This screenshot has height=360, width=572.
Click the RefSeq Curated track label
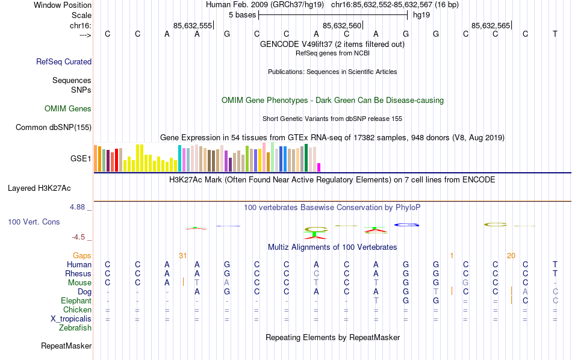[x=64, y=61]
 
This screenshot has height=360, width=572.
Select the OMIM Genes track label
[x=68, y=109]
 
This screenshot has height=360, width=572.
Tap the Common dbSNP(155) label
[x=54, y=127]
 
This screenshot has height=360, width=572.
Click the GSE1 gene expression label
[x=81, y=159]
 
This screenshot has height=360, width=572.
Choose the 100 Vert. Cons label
[x=34, y=222]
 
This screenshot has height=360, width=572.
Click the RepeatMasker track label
[x=66, y=346]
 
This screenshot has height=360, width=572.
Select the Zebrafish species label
[x=75, y=328]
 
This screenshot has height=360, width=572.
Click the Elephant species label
[x=76, y=301]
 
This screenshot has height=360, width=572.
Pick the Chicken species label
[x=77, y=310]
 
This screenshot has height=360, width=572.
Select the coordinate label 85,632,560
[x=342, y=25]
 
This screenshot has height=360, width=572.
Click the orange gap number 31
[x=183, y=256]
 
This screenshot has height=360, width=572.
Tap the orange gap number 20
[x=511, y=256]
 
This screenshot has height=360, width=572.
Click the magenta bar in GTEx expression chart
[x=319, y=167]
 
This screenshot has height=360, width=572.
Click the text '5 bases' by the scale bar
[x=242, y=15]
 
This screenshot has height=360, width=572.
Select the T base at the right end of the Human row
[x=555, y=265]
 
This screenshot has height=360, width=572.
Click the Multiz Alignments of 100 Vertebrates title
[x=332, y=247]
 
